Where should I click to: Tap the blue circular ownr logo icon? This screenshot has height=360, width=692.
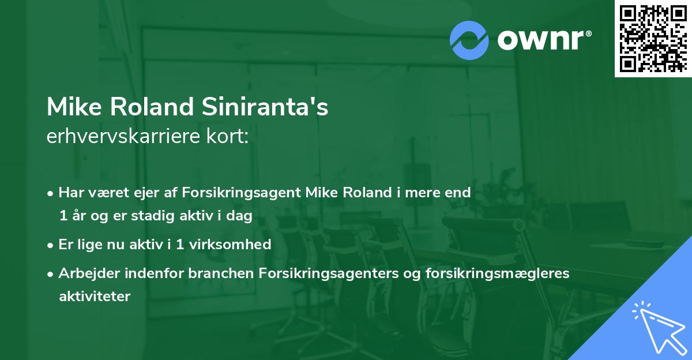470,40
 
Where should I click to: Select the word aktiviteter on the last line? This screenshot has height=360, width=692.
95,297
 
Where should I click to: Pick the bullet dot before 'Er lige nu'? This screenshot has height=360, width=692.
51,245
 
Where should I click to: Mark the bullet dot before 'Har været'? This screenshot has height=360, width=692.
51,193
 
